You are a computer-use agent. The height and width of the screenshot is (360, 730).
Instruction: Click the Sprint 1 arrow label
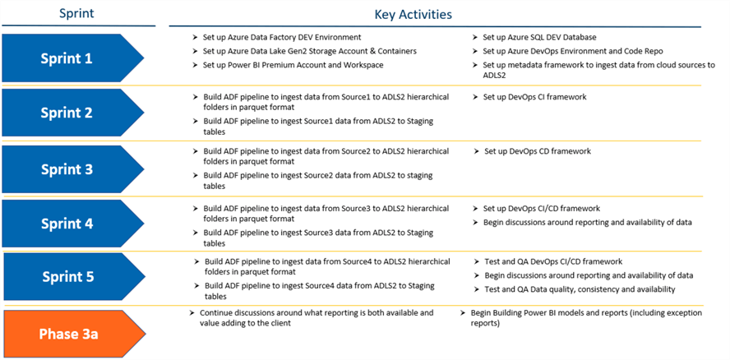(67, 58)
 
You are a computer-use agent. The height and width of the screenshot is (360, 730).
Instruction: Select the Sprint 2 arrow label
(67, 113)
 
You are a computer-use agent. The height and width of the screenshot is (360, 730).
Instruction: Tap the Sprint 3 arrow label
(67, 169)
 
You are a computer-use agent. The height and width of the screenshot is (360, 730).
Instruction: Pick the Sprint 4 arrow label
(67, 224)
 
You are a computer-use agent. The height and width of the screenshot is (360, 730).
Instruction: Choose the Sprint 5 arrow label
(68, 277)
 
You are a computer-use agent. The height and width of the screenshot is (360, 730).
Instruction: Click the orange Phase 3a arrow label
(68, 334)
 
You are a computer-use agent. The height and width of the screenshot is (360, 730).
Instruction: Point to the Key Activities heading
(413, 15)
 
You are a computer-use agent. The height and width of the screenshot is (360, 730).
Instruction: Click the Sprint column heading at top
(76, 13)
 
